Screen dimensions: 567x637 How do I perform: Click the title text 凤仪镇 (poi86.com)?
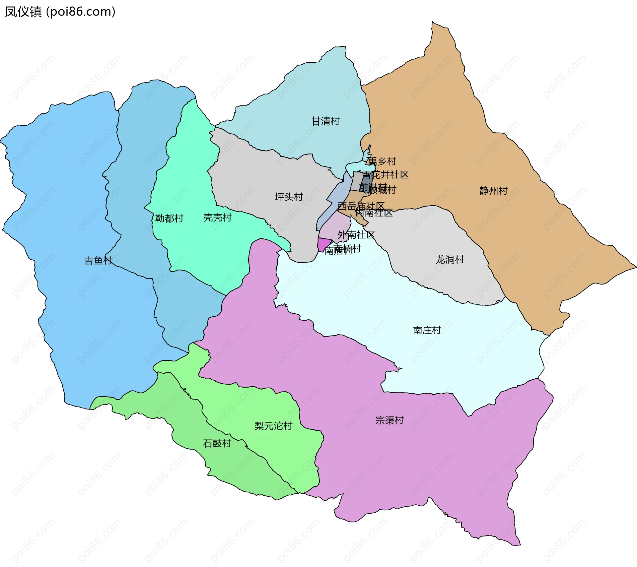[60, 12]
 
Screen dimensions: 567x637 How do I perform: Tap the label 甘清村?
[325, 121]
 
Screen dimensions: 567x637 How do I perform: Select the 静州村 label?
[493, 191]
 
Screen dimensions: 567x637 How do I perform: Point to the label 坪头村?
[289, 197]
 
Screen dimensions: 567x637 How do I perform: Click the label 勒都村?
[169, 219]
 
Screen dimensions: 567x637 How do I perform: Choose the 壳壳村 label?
[217, 218]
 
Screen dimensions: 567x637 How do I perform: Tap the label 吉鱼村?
[98, 261]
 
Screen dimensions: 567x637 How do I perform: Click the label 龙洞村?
[450, 260]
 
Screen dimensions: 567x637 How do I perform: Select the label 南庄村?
[427, 330]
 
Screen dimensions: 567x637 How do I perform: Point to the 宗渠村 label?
[389, 420]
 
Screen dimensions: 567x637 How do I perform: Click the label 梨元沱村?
[273, 426]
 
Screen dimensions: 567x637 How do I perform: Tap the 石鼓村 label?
[217, 444]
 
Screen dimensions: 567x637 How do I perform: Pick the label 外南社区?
[356, 235]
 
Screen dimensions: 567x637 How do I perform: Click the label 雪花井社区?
[385, 175]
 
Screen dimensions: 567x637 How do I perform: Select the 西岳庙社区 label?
[361, 206]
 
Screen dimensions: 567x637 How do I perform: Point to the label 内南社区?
[374, 213]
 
